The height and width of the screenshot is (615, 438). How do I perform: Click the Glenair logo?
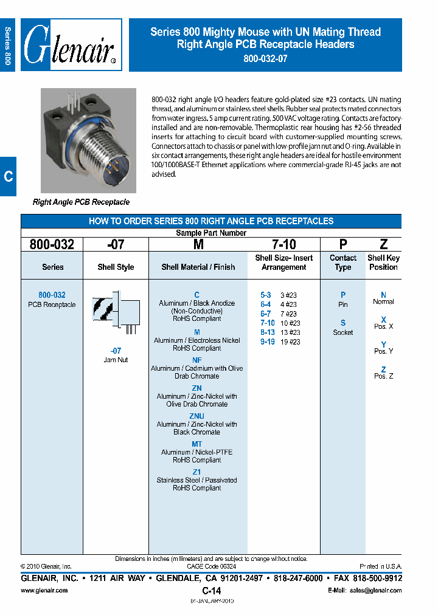[x=71, y=45]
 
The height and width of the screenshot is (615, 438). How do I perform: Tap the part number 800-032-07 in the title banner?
[x=265, y=59]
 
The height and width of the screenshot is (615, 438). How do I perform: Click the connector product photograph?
[x=88, y=140]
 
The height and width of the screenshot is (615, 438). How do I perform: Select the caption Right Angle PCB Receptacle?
[x=81, y=202]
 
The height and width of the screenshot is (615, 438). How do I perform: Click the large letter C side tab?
[x=8, y=176]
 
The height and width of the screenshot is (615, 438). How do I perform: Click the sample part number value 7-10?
[x=283, y=244]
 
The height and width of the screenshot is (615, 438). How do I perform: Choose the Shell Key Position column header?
[x=383, y=263]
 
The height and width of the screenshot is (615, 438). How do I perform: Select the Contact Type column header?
[x=343, y=263]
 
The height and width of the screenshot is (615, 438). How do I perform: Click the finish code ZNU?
[x=197, y=416]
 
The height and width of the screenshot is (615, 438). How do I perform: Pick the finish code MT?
[x=197, y=444]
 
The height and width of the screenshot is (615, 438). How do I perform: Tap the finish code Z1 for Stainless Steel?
[x=197, y=472]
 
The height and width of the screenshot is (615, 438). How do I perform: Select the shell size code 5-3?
[x=266, y=295]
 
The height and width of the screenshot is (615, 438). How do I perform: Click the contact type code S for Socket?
[x=343, y=323]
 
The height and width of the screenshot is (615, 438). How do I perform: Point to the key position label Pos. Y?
[x=383, y=351]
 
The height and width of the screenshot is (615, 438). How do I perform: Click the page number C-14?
[x=211, y=591]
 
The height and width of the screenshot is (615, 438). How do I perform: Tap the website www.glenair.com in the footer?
[x=44, y=590]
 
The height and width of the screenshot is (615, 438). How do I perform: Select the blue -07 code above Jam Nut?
[x=116, y=351]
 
